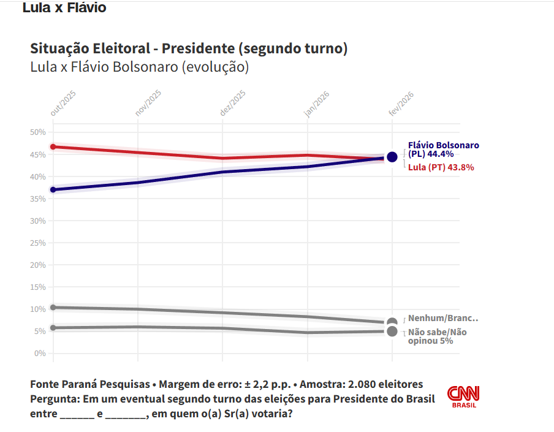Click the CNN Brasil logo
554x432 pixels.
[463, 396]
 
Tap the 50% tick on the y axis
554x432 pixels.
[38, 132]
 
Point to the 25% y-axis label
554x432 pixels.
[38, 243]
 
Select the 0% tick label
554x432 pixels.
[40, 354]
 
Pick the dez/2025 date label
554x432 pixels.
[232, 102]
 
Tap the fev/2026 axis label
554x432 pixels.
[402, 102]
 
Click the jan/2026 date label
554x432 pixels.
[317, 102]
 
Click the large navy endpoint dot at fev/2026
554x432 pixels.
[392, 157]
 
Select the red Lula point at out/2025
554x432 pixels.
[53, 146]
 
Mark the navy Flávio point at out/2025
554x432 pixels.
[53, 189]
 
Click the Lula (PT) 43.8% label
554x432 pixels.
[441, 167]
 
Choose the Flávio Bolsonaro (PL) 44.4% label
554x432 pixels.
[443, 150]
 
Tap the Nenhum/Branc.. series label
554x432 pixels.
[442, 318]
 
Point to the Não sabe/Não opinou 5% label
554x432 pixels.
[437, 336]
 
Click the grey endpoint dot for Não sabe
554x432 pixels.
[392, 332]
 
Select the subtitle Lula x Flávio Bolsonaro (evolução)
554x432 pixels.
[139, 67]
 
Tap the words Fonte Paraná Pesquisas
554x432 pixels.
[90, 384]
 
